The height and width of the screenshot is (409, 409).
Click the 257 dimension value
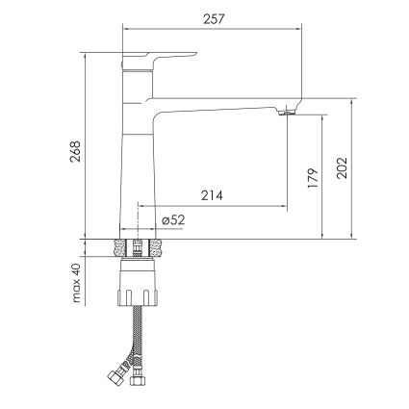[213, 19]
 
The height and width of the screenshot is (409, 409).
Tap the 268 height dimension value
[76, 151]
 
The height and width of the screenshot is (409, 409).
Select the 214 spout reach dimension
[212, 195]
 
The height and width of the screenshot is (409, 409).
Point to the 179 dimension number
[313, 178]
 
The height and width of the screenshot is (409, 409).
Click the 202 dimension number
[342, 167]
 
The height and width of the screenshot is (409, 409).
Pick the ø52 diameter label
[173, 220]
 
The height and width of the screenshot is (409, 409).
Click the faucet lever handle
[158, 60]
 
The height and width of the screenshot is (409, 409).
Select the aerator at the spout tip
[287, 113]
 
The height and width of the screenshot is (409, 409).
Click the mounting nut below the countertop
[138, 282]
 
